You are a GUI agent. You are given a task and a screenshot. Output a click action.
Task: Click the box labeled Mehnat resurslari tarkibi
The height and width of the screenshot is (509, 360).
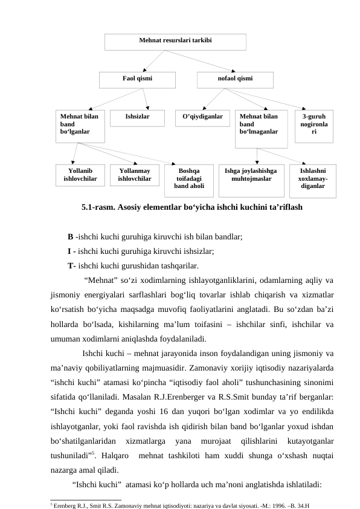click(175, 41)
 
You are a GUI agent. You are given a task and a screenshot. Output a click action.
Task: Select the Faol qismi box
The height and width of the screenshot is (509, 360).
click(137, 79)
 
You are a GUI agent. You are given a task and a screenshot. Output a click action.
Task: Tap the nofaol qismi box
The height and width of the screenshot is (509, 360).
click(235, 79)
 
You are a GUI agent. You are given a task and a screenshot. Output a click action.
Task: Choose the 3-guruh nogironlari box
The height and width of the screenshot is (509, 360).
click(313, 125)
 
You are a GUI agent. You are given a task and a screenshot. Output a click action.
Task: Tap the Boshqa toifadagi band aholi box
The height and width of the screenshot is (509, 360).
click(188, 180)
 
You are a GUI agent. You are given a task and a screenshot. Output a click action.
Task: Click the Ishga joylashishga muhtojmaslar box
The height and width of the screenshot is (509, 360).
click(251, 180)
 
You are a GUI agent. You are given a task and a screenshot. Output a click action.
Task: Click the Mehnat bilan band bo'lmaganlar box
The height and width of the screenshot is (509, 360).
click(261, 128)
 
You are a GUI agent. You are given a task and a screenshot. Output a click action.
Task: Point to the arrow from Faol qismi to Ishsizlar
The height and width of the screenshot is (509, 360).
click(146, 98)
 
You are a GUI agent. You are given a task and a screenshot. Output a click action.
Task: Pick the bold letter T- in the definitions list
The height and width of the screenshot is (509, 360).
click(72, 265)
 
